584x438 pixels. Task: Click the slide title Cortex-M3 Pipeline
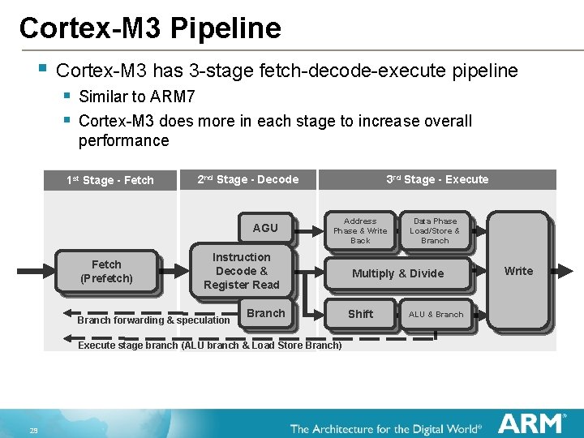pos(150,28)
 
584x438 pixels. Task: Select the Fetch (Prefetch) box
pos(106,271)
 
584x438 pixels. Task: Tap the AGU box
pos(264,228)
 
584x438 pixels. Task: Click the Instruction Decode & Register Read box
pos(241,271)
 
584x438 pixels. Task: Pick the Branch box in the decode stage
pos(266,314)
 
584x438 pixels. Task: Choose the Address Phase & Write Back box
pos(360,230)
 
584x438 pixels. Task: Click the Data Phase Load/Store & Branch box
pos(434,230)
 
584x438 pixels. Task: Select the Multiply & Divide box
pos(397,273)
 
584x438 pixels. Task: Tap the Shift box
pos(360,314)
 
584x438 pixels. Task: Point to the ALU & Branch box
pos(436,314)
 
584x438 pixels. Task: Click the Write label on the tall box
pos(518,271)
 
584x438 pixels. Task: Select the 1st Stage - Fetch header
pos(109,180)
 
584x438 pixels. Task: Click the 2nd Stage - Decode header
pos(248,179)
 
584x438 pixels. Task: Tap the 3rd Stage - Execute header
pos(437,179)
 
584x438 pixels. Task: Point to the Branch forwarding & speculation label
pos(153,320)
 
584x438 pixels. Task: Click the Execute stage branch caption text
pos(209,346)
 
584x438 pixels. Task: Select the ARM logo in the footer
pos(531,423)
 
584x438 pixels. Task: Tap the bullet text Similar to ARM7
pos(136,97)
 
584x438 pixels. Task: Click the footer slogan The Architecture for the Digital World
pos(386,428)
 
